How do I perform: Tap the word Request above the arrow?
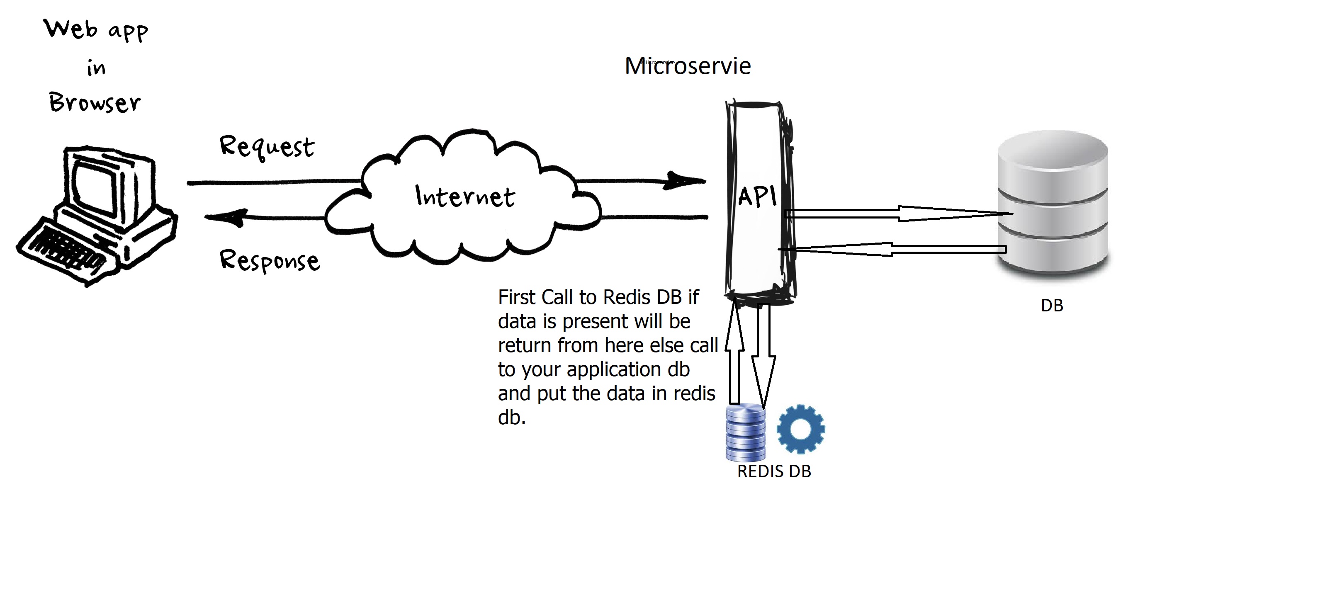[267, 146]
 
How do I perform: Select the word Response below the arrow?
[269, 260]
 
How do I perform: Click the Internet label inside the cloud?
[465, 197]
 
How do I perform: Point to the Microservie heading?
[688, 66]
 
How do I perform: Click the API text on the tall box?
[757, 197]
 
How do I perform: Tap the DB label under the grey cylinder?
[1052, 305]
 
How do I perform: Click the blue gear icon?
[801, 429]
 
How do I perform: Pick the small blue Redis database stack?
[746, 432]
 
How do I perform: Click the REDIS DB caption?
[774, 471]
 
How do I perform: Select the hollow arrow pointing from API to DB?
[899, 213]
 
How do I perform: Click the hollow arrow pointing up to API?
[734, 354]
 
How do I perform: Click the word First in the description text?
[517, 297]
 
